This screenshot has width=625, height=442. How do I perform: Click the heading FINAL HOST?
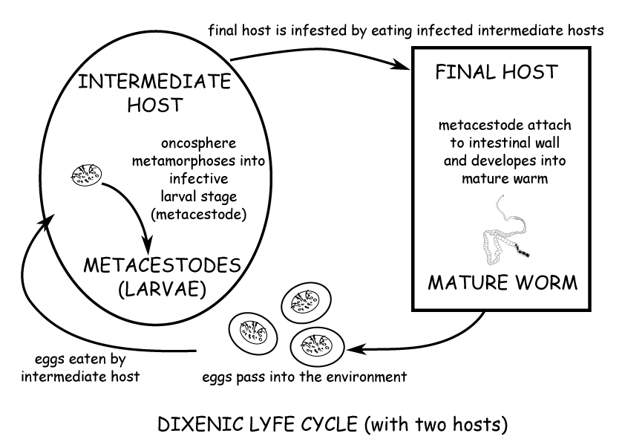pyautogui.click(x=496, y=72)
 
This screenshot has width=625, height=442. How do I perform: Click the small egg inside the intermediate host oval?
pyautogui.click(x=86, y=176)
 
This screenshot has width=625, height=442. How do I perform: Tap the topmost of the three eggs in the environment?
pyautogui.click(x=302, y=303)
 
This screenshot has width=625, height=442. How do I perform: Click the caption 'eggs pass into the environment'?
pyautogui.click(x=305, y=377)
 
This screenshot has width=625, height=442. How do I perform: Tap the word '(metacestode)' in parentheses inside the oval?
pyautogui.click(x=198, y=215)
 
